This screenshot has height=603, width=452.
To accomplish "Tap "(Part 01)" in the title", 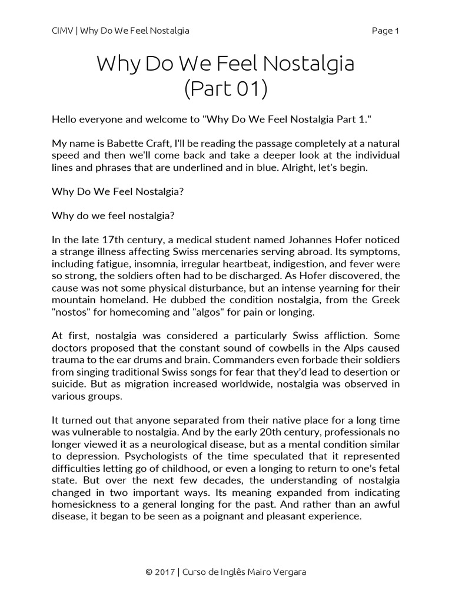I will (x=225, y=89).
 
